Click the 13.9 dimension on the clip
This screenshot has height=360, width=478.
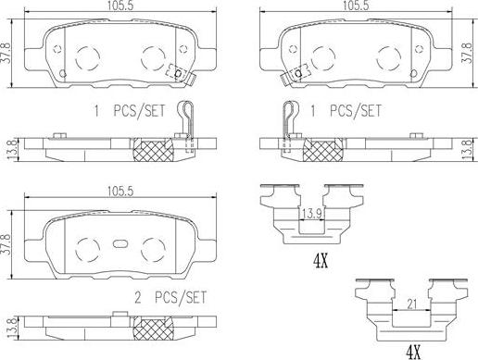click(312, 214)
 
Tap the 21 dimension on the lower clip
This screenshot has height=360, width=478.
click(411, 304)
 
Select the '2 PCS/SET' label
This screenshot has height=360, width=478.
click(170, 297)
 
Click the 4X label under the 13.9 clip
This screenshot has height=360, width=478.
click(321, 262)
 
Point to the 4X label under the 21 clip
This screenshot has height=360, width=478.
click(413, 351)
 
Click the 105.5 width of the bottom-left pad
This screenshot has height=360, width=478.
click(120, 192)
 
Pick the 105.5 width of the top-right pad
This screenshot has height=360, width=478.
click(356, 6)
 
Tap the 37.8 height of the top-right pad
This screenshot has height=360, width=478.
click(468, 53)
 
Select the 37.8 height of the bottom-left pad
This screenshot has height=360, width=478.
click(6, 244)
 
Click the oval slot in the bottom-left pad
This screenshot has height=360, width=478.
click(120, 243)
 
